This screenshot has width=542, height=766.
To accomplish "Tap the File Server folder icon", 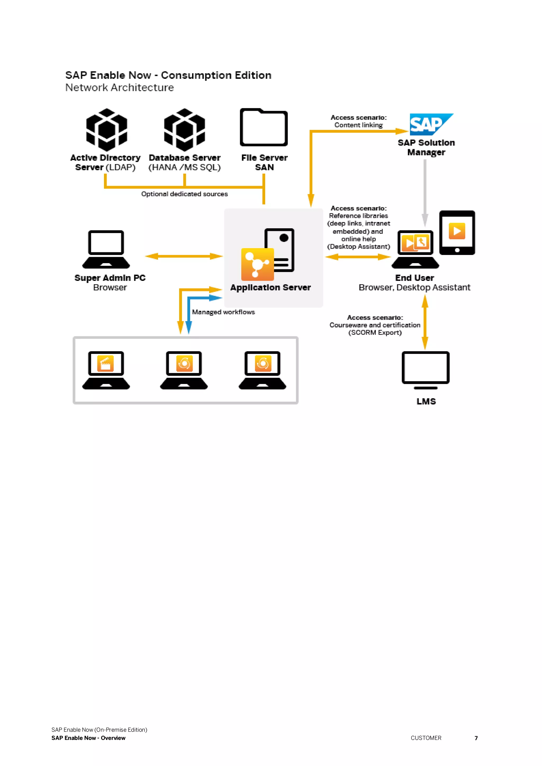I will pyautogui.click(x=264, y=127).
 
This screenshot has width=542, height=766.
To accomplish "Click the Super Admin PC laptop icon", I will pyautogui.click(x=106, y=249).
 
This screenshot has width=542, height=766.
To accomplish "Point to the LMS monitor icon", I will pyautogui.click(x=426, y=370).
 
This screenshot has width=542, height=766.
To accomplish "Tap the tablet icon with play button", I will pyautogui.click(x=457, y=232).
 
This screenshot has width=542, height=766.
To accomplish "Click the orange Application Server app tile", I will pyautogui.click(x=257, y=264).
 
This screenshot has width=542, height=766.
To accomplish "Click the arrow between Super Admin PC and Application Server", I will pyautogui.click(x=184, y=256).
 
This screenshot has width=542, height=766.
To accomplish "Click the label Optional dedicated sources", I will pyautogui.click(x=184, y=194).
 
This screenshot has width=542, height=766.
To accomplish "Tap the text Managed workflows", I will pyautogui.click(x=223, y=312).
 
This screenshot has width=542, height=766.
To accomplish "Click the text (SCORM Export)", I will pyautogui.click(x=375, y=333).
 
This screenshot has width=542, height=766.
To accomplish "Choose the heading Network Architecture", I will pyautogui.click(x=119, y=87).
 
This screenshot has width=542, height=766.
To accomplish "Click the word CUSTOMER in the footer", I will pyautogui.click(x=426, y=738).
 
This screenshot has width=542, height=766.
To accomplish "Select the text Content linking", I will pyautogui.click(x=358, y=125).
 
